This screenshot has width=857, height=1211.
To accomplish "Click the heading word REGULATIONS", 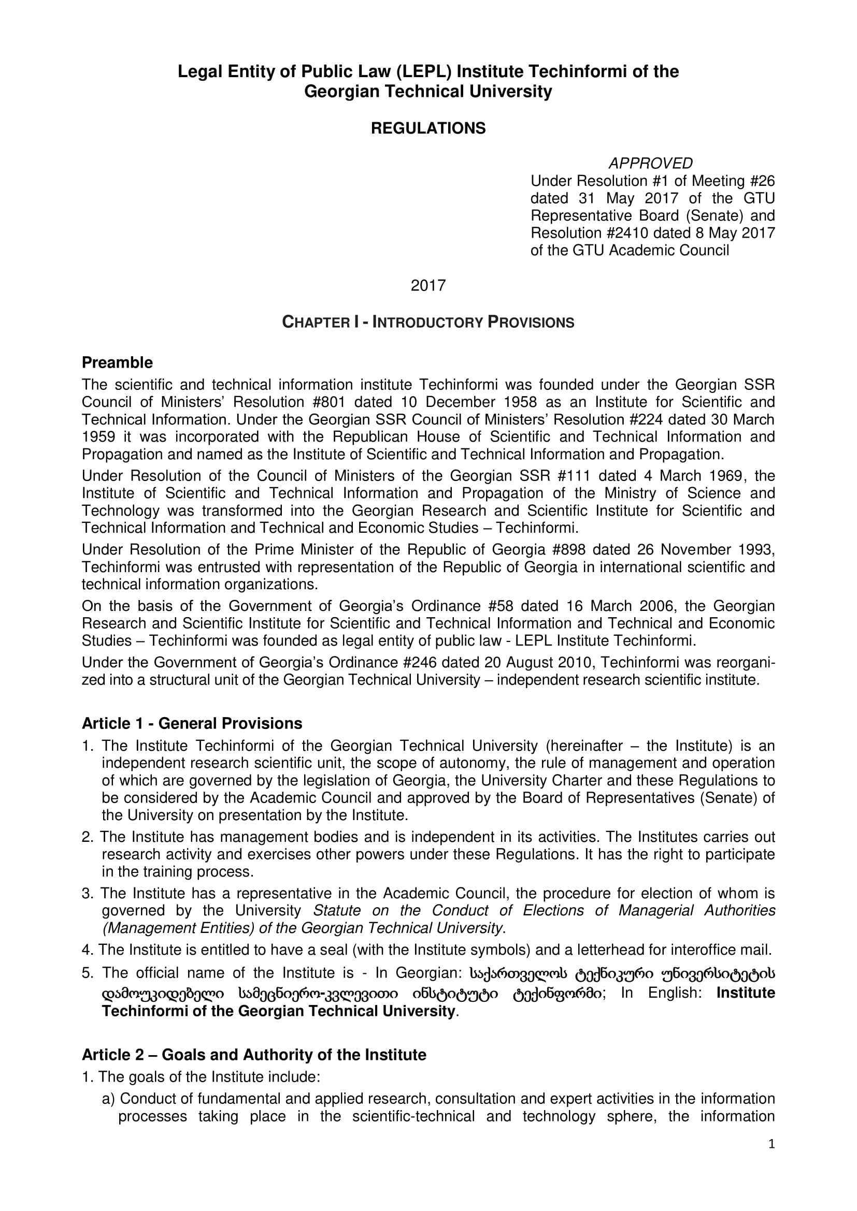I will tap(428, 129).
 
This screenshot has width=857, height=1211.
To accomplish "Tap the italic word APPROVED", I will tap(650, 163).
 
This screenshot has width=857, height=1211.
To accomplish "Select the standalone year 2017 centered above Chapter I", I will tap(428, 285).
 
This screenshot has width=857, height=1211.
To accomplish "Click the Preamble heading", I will tap(117, 363).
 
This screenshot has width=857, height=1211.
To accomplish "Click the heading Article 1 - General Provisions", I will tap(192, 724).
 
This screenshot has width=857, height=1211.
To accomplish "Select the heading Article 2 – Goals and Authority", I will tap(254, 1054).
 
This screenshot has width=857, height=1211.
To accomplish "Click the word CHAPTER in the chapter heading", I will tap(316, 322).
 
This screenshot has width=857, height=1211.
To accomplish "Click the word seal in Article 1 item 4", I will tap(335, 950).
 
